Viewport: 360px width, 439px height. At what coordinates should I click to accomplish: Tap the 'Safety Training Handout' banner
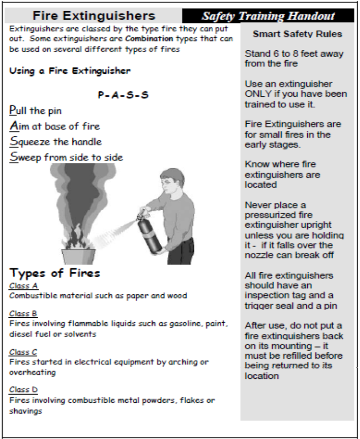pyautogui.click(x=268, y=16)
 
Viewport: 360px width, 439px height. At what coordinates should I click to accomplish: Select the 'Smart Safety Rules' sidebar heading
pyautogui.click(x=297, y=34)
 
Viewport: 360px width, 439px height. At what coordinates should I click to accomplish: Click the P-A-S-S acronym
pyautogui.click(x=123, y=95)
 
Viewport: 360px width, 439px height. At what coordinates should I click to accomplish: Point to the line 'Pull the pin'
pyautogui.click(x=36, y=111)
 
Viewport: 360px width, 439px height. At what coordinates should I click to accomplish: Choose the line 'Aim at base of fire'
pyautogui.click(x=54, y=126)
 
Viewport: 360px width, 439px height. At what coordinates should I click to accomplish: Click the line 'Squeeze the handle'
pyautogui.click(x=56, y=142)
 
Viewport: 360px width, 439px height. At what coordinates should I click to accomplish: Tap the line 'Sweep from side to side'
pyautogui.click(x=66, y=157)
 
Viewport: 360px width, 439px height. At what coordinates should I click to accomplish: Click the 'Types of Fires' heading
pyautogui.click(x=55, y=273)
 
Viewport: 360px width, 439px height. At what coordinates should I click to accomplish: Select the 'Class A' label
pyautogui.click(x=23, y=285)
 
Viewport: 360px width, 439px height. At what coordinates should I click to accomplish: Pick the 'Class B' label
pyautogui.click(x=23, y=314)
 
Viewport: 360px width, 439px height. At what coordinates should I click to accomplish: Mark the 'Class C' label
pyautogui.click(x=23, y=352)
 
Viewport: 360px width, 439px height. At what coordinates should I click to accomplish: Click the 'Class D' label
pyautogui.click(x=23, y=390)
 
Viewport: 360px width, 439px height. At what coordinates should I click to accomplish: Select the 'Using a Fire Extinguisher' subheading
pyautogui.click(x=70, y=71)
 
